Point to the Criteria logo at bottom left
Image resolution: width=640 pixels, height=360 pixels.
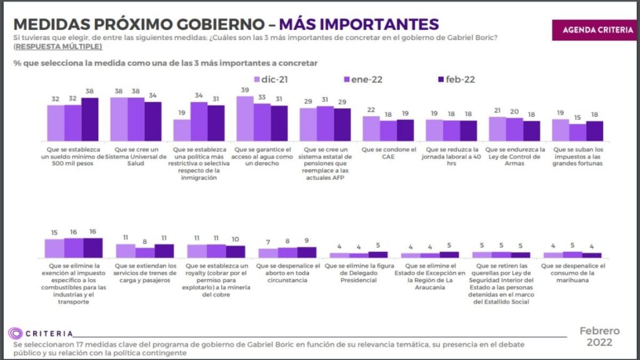click(41, 333)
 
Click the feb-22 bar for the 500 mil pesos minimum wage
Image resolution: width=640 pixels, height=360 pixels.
click(90, 119)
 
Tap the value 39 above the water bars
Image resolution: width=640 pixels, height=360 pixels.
click(244, 91)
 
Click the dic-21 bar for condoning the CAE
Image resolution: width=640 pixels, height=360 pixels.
click(371, 127)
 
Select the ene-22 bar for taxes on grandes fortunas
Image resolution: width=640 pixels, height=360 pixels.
click(578, 132)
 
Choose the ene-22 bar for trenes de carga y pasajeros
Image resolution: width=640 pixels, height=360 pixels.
click(145, 252)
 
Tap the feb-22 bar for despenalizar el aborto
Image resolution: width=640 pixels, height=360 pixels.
click(306, 252)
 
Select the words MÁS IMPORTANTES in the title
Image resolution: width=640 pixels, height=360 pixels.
click(359, 24)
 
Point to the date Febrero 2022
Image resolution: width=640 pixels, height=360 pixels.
click(599, 337)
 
